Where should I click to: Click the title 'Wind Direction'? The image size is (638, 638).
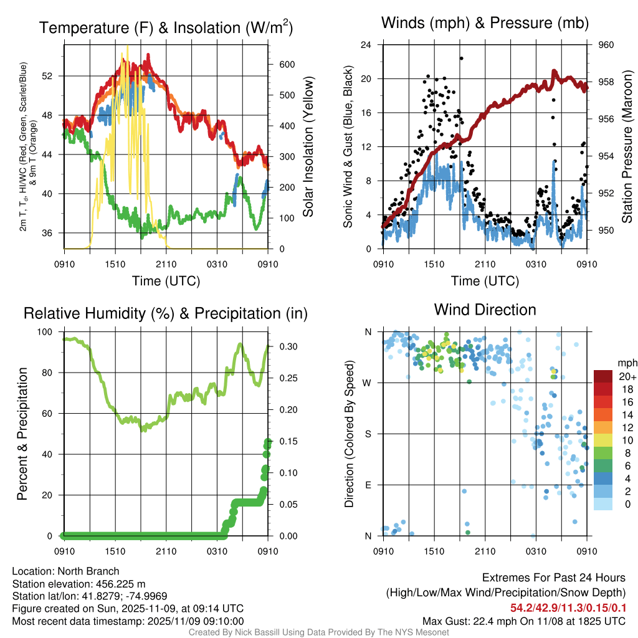(x=485, y=310)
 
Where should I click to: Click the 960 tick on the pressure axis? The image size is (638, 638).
(x=607, y=45)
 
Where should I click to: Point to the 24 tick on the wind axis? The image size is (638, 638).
(x=366, y=45)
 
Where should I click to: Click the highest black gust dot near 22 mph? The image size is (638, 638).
(x=462, y=59)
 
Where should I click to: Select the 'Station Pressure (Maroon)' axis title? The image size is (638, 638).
(x=627, y=146)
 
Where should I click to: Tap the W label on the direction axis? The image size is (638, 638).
(x=367, y=383)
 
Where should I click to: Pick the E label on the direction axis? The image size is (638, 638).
(x=368, y=485)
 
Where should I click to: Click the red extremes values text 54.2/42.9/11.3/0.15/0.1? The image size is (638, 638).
(x=568, y=607)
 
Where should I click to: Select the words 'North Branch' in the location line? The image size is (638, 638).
(x=88, y=571)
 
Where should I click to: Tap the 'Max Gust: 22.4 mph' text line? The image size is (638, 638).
(x=524, y=621)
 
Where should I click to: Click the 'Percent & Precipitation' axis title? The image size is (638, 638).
(x=22, y=433)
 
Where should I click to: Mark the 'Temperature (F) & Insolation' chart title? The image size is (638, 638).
(x=166, y=28)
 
